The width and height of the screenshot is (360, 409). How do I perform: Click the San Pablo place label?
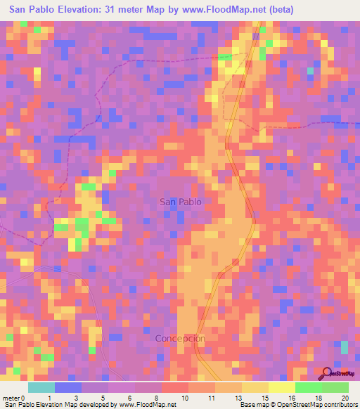pyautogui.click(x=181, y=202)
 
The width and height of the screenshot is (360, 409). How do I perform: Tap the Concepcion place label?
pyautogui.click(x=180, y=338)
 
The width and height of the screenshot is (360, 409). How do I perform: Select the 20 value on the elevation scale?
pyautogui.click(x=345, y=398)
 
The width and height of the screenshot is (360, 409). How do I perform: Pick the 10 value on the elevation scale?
pyautogui.click(x=185, y=398)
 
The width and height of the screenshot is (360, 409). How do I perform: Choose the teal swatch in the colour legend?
pyautogui.click(x=41, y=387)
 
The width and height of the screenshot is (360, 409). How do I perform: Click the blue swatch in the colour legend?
pyautogui.click(x=68, y=387)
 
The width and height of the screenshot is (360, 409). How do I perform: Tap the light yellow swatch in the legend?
pyautogui.click(x=282, y=387)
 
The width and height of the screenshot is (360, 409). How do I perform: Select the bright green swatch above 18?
pyautogui.click(x=309, y=387)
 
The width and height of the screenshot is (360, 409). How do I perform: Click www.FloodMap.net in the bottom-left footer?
pyautogui.click(x=146, y=405)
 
